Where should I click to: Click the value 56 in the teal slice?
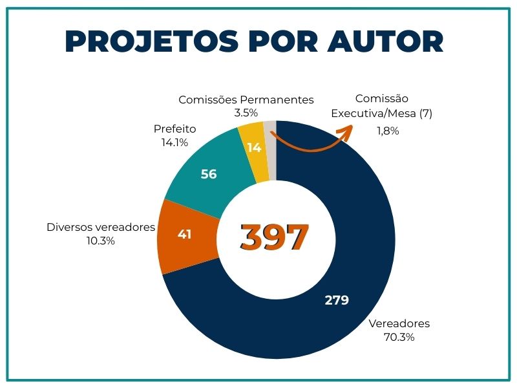(209, 174)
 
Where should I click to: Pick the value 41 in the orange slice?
(185, 234)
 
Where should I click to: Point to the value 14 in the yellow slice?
(254, 147)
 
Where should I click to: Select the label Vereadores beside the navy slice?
(399, 323)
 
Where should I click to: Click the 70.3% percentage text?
(399, 337)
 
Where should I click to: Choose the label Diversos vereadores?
(101, 227)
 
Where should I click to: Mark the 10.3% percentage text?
(101, 241)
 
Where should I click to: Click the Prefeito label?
(174, 129)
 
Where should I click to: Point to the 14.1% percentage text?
(174, 142)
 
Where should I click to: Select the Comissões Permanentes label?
(246, 100)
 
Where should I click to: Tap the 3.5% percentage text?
(246, 113)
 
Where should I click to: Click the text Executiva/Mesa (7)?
(381, 113)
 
